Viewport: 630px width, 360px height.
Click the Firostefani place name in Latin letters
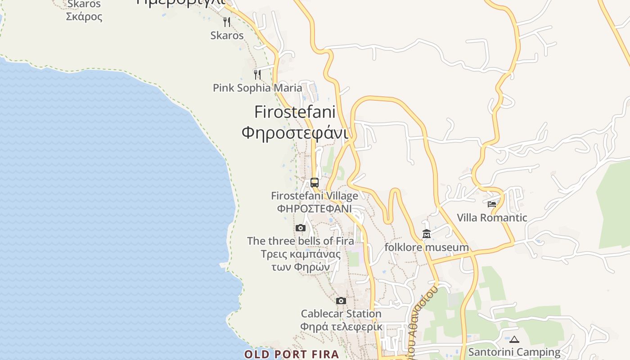point(295,112)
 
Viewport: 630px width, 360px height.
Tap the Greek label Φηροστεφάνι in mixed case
point(295,133)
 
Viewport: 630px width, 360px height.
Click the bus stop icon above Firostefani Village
point(315,183)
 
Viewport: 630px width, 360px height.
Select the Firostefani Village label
point(315,196)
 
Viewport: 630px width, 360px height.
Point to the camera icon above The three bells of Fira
point(301,228)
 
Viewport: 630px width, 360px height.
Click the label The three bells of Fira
point(301,241)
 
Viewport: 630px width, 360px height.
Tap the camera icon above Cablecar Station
point(341,301)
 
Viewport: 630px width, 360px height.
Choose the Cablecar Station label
point(341,314)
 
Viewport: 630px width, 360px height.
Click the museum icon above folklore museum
point(427,234)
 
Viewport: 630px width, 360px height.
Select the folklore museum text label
point(427,247)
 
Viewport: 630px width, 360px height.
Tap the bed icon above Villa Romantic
point(492,204)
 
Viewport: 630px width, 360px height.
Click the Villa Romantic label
point(492,218)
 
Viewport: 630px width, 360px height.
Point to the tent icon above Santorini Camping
point(514,339)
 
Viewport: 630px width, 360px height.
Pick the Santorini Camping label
point(514,352)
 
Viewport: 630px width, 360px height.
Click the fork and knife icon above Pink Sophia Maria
point(257,74)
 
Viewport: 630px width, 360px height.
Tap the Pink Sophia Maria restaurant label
point(257,88)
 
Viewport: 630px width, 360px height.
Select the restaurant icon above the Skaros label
point(227,22)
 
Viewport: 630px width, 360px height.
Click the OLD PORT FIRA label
point(292,354)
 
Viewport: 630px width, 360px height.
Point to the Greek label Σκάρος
point(84,17)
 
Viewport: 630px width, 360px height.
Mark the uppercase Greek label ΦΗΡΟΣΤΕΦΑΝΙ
point(315,209)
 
